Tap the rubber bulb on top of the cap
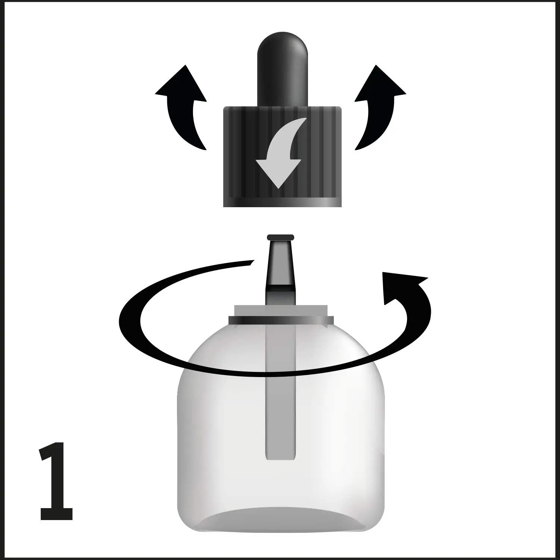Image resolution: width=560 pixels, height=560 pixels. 282,67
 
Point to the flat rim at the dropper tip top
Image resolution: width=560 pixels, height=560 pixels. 281,237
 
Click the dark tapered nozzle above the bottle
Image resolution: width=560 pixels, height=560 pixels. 281,265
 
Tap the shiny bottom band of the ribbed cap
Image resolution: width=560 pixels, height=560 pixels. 282,203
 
